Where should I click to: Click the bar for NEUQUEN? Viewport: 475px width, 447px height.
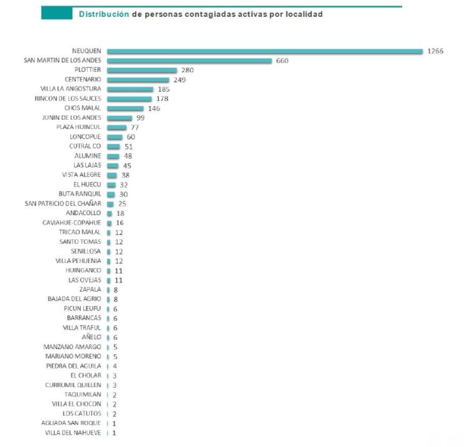[x=265, y=51]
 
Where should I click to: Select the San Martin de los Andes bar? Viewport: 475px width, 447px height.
[x=189, y=60]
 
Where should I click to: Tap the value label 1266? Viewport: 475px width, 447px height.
[x=435, y=51]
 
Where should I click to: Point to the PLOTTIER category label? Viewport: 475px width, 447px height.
[x=88, y=70]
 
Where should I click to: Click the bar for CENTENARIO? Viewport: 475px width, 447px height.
[x=138, y=80]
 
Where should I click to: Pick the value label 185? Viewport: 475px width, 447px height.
[x=164, y=89]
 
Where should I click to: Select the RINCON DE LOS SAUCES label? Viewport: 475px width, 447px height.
[x=68, y=99]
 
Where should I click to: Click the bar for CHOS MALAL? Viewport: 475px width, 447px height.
[x=125, y=108]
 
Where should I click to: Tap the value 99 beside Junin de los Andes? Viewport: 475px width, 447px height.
[x=140, y=118]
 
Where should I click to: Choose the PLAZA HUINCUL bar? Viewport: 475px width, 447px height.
[x=116, y=127]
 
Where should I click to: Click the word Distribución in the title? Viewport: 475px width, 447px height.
[x=103, y=14]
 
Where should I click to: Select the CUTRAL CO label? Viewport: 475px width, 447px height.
[x=85, y=147]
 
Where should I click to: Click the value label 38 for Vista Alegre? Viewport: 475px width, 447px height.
[x=125, y=175]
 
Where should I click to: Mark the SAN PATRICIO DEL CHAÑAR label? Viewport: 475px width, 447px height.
[x=63, y=204]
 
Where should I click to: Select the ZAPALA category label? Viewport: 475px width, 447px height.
[x=90, y=289]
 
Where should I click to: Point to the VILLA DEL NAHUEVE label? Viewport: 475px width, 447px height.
[x=73, y=433]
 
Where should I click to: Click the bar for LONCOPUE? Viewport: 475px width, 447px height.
[x=115, y=137]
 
